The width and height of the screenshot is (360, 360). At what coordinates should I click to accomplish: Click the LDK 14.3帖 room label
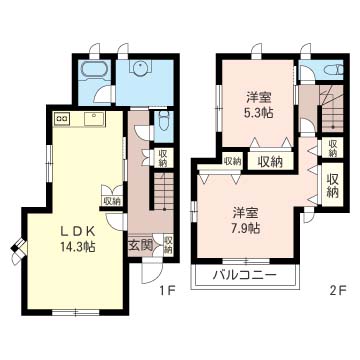[x=77, y=239]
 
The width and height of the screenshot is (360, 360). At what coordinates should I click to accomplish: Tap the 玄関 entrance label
[x=140, y=246]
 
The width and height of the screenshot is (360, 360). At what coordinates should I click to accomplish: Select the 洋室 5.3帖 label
[x=259, y=105]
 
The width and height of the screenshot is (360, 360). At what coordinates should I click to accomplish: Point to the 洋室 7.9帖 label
[x=246, y=220]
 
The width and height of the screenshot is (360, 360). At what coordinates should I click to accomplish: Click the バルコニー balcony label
[x=245, y=275]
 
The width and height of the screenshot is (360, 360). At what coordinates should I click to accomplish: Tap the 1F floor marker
[x=167, y=291]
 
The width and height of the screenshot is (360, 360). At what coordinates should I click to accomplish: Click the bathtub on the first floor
[x=93, y=71]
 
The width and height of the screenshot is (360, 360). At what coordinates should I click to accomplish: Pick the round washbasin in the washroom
[x=140, y=68]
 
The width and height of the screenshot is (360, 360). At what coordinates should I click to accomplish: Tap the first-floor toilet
[x=164, y=121]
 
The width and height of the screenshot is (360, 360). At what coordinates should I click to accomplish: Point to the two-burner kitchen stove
[x=62, y=118]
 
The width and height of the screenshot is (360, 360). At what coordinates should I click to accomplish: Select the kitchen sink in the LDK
[x=95, y=118]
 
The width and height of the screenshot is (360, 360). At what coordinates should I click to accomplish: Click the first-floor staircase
[x=164, y=191]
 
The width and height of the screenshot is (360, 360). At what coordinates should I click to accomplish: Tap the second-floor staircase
[x=333, y=108]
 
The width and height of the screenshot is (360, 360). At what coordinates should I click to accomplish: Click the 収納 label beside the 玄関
[x=168, y=245]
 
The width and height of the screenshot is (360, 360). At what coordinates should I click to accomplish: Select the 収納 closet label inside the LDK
[x=111, y=201]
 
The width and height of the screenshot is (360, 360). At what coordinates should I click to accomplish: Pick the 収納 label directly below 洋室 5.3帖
[x=270, y=162]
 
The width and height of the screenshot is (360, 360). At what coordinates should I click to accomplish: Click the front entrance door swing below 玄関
[x=151, y=272]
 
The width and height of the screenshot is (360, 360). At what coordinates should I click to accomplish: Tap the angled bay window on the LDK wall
[x=19, y=251]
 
